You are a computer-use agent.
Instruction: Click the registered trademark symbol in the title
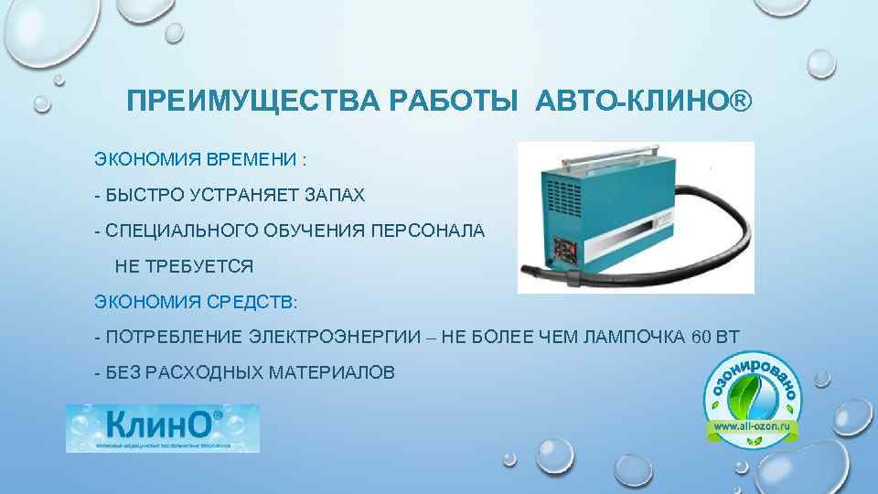click(x=742, y=99)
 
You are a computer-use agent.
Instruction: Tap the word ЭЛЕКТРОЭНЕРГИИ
click(x=337, y=337)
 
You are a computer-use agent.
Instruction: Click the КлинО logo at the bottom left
click(x=162, y=428)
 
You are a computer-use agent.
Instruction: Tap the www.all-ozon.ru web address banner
click(x=755, y=427)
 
